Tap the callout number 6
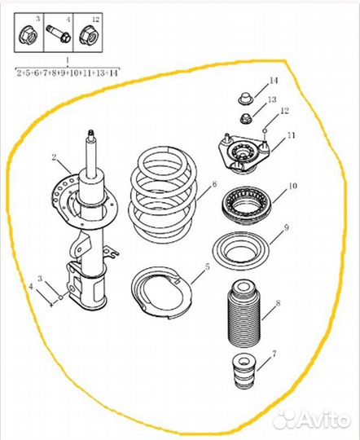214,184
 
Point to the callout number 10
292,186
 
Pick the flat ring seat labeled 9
241,251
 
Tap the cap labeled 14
246,99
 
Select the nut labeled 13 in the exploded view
247,118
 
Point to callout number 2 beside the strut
54,158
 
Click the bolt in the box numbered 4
58,33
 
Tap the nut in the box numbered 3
29,35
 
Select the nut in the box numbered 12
88,35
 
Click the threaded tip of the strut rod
90,134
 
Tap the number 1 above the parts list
68,60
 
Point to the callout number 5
208,267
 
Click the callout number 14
274,81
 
